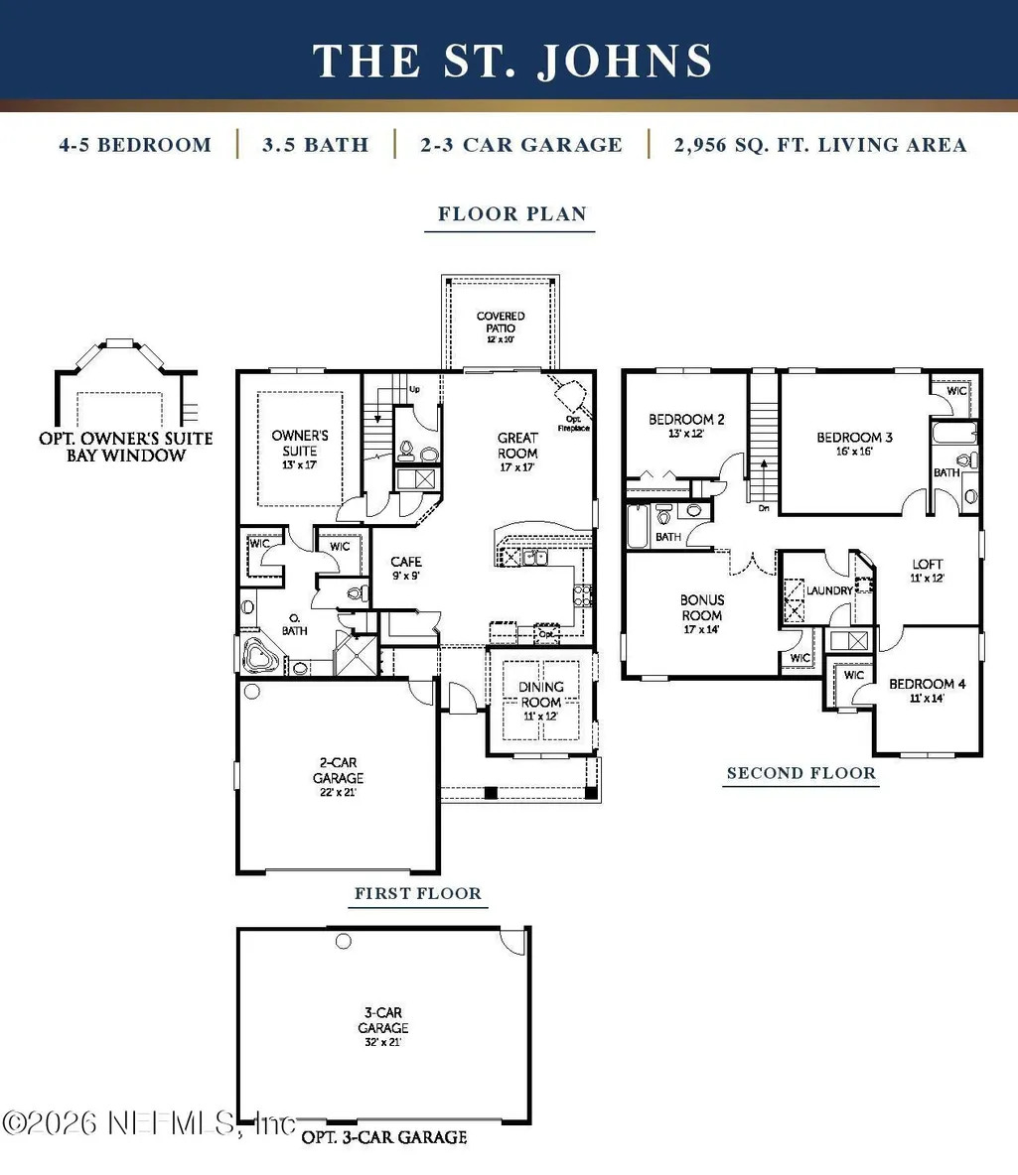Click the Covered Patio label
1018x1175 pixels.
(x=501, y=326)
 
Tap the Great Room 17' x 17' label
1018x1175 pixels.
(x=517, y=452)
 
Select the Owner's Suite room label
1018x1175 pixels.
(x=299, y=449)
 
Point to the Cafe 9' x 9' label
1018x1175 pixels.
(x=406, y=568)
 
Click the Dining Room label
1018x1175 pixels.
(x=541, y=701)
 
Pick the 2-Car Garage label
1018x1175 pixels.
(x=339, y=777)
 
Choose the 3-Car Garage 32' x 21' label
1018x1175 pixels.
(x=383, y=1026)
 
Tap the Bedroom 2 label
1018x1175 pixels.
(x=686, y=425)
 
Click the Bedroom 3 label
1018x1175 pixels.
(x=854, y=443)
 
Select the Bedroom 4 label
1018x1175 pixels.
(x=928, y=690)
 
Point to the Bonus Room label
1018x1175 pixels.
(x=702, y=613)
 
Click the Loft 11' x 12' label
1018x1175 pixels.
(x=928, y=571)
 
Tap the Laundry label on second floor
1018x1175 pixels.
(x=829, y=590)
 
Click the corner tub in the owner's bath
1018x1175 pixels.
(x=260, y=657)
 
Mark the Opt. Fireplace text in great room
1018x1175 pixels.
(x=574, y=424)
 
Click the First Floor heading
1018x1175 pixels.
(x=418, y=893)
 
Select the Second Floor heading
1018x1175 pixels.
(x=801, y=773)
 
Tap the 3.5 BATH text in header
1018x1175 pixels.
(x=316, y=145)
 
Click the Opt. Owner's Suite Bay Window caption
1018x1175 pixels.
(x=126, y=447)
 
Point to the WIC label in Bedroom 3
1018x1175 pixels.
(x=956, y=390)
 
